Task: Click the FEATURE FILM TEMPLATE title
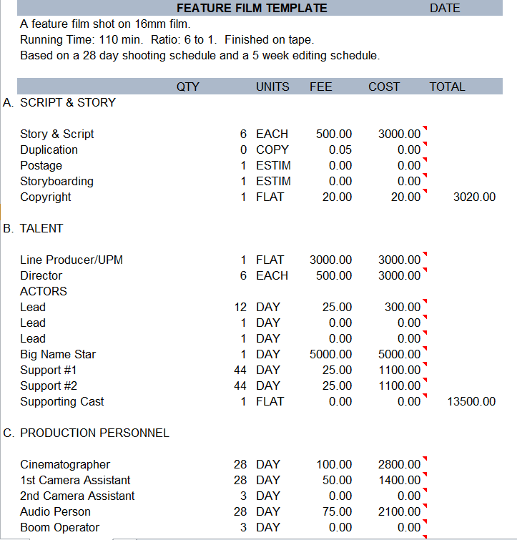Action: [252, 9]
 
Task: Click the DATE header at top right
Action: [445, 9]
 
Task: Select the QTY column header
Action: [188, 87]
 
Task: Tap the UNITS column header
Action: [272, 87]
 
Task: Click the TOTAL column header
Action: [447, 87]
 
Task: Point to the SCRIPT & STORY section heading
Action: [67, 102]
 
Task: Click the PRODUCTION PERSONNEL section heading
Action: [94, 433]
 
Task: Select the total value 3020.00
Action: [474, 197]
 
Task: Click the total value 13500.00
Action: [471, 401]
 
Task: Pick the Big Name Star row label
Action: [58, 354]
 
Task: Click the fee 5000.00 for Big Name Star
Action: [330, 354]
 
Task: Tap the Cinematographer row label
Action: [65, 464]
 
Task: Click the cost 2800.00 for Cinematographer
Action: [399, 464]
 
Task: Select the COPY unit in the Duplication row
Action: [272, 149]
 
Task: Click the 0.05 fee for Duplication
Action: [340, 149]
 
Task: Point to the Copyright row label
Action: [46, 197]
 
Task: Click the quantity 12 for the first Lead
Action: [240, 307]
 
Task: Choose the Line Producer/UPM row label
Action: [72, 260]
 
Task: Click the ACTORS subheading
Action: [44, 291]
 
